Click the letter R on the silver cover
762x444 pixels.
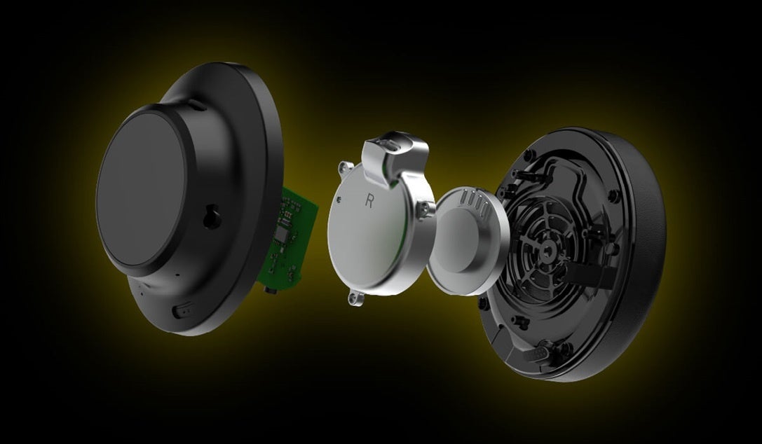click(369, 201)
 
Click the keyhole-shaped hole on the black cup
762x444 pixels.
click(212, 216)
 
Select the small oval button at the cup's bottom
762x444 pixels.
click(182, 310)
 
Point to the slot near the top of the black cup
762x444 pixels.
click(196, 104)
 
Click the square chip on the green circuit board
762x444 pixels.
click(282, 235)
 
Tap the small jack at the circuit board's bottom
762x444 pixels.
click(268, 289)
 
